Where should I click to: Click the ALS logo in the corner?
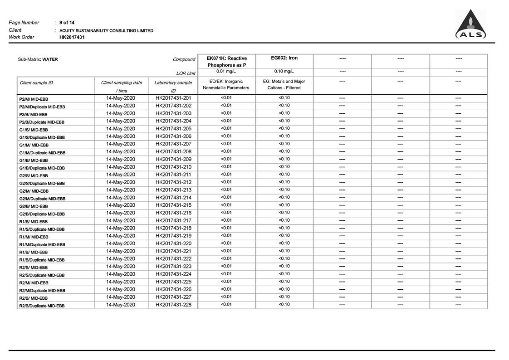point(470,25)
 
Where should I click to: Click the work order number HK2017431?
point(72,37)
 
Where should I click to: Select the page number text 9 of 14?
point(67,23)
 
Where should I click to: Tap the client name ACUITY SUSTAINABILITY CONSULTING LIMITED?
point(106,31)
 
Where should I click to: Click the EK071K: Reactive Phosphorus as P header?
point(226,62)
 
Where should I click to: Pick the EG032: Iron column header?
point(284,58)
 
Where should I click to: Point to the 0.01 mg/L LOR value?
point(226,71)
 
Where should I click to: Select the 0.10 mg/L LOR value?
point(284,71)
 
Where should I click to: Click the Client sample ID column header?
point(36,83)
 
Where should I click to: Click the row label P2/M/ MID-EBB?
point(34,99)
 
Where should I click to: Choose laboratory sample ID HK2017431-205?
point(173,129)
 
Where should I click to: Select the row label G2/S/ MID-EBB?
point(34,175)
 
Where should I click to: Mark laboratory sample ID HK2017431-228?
point(173,305)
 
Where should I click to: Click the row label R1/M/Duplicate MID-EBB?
point(42,244)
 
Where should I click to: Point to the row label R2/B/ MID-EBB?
point(33,298)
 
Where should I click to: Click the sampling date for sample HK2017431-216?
point(121,213)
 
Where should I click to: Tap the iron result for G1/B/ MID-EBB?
point(284,159)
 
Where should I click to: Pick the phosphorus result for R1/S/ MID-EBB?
point(226,220)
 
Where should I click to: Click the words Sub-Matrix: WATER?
point(38,59)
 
